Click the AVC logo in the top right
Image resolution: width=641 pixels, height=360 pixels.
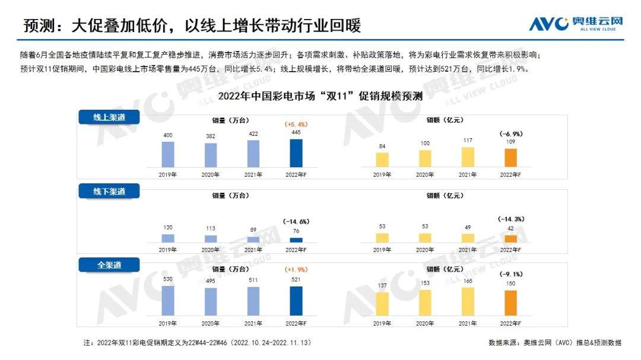point(576,24)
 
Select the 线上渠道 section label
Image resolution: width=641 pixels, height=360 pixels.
point(109,117)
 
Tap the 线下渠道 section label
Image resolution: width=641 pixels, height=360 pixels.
point(109,191)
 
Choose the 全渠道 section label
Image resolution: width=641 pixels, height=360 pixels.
point(109,265)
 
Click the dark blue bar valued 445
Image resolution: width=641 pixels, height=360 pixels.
point(296,153)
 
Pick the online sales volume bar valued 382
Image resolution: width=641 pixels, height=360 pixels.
point(211,155)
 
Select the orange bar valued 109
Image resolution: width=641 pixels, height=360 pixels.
point(510,158)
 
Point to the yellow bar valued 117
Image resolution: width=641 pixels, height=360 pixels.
point(468,157)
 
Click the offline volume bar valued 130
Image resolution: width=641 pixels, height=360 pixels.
point(168,238)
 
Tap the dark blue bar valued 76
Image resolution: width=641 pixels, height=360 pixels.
point(296,240)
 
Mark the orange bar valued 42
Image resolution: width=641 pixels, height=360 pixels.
point(510,238)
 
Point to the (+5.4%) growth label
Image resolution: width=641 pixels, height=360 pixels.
point(296,125)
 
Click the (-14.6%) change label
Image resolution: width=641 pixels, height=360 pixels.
point(296,221)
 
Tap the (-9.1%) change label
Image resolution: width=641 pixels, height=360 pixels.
point(510,275)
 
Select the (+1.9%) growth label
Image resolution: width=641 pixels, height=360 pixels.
point(296,270)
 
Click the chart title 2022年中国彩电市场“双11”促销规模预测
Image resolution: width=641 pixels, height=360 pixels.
point(320,97)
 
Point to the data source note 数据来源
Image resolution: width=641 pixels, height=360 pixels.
point(555,343)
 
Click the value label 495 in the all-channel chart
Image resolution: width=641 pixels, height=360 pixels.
point(211,281)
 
